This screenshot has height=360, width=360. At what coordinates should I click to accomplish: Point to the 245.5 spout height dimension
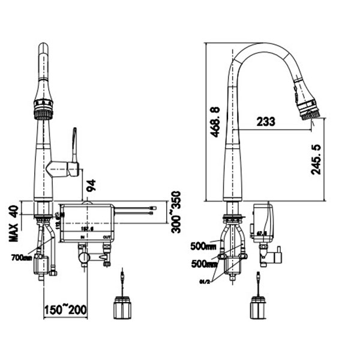click(x=317, y=159)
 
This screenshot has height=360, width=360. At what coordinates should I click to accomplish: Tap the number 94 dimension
click(x=92, y=186)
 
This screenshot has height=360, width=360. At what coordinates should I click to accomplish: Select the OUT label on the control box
click(x=106, y=238)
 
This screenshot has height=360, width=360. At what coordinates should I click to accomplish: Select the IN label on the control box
click(x=83, y=238)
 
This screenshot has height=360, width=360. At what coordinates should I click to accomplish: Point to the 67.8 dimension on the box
click(x=262, y=232)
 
